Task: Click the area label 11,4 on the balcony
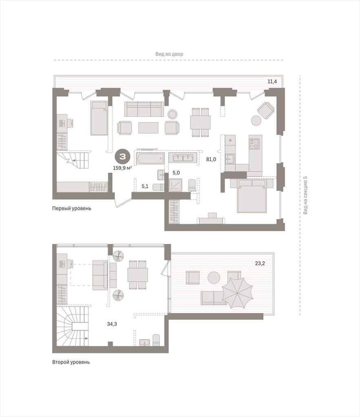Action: coord(272,81)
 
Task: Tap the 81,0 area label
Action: coord(211,160)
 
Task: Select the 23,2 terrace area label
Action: coord(260,263)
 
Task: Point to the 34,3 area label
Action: coord(112,324)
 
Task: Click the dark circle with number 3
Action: coord(122,157)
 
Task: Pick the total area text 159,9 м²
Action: coord(123,168)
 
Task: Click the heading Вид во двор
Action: coord(169,54)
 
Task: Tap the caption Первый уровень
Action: coord(72,208)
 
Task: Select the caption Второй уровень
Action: coord(71,362)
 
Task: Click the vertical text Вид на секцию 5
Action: coord(305,195)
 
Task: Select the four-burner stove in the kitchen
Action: coord(254,144)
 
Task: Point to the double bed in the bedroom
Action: coord(252,196)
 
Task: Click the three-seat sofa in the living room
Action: coord(144,109)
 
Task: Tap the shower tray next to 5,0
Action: coord(176,185)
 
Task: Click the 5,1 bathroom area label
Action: coord(145,186)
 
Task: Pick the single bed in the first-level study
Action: coord(99,118)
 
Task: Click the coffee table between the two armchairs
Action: coord(148,127)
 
